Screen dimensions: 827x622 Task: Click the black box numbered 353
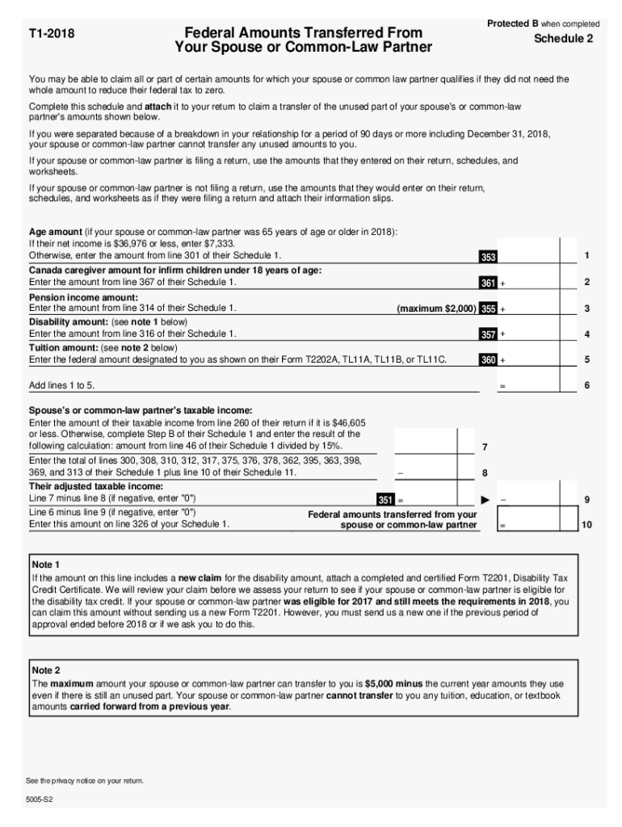[x=488, y=257]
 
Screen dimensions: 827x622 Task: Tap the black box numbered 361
[x=488, y=283]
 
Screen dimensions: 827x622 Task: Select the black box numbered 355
[x=488, y=309]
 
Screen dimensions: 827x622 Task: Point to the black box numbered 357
[x=488, y=334]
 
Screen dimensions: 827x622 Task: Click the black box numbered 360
[x=488, y=360]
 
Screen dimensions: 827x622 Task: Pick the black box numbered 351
[x=386, y=500]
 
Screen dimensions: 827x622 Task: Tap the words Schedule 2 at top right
[x=563, y=39]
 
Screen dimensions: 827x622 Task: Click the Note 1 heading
[x=46, y=565]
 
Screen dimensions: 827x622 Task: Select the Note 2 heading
[x=46, y=670]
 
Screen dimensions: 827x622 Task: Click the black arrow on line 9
[x=485, y=500]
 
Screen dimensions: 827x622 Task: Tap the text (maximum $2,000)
[x=436, y=309]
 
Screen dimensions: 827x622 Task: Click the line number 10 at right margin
[x=587, y=525]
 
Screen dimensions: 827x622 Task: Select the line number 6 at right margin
[x=587, y=386]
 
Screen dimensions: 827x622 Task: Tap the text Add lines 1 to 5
[x=61, y=385]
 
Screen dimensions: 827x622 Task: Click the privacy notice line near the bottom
[x=85, y=780]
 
